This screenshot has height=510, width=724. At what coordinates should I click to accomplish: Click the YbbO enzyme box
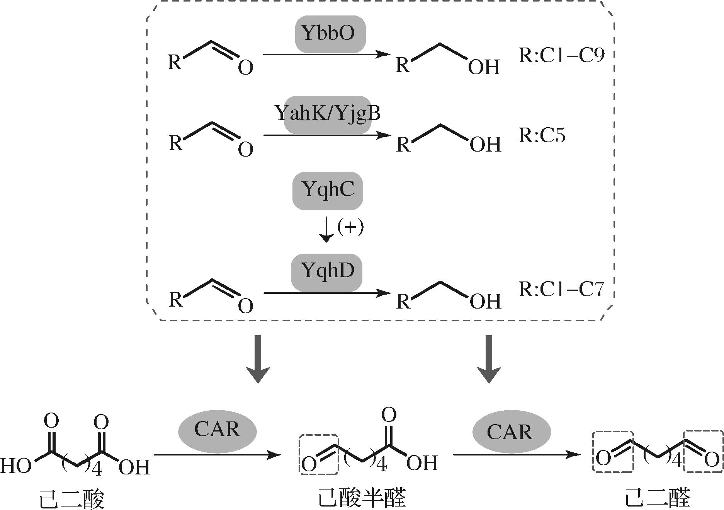(330, 34)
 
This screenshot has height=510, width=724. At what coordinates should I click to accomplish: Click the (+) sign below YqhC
(350, 227)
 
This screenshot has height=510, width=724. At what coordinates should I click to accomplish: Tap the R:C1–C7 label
(561, 290)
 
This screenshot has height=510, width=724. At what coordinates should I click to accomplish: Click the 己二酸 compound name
(72, 499)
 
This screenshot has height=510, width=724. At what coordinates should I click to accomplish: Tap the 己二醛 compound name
(658, 498)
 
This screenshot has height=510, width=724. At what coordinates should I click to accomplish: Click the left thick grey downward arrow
(258, 359)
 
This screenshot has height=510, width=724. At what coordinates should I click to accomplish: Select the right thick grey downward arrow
(489, 359)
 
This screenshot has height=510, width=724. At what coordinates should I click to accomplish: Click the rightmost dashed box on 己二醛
(703, 451)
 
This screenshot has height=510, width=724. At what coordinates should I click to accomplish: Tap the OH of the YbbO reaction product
(484, 68)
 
